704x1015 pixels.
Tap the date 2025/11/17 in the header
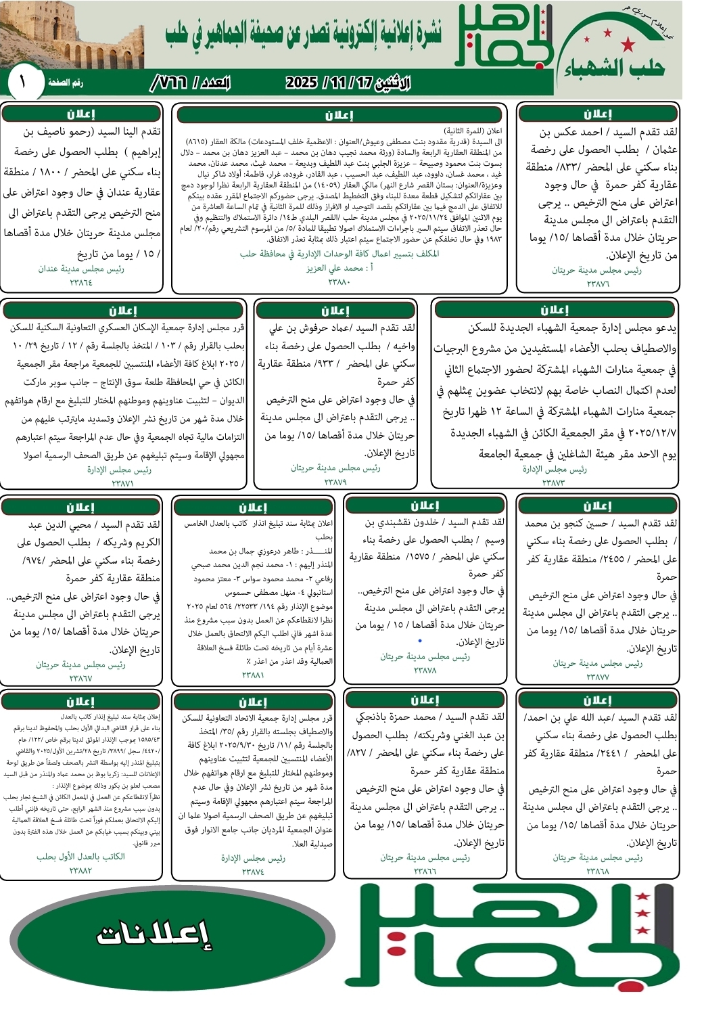(348, 83)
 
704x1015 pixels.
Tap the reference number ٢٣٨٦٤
(81, 282)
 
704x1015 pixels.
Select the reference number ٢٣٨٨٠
(339, 281)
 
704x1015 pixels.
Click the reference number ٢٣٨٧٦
(598, 284)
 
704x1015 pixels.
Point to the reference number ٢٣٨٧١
(122, 483)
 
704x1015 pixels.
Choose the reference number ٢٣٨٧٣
(553, 482)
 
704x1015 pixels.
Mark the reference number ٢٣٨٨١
(253, 675)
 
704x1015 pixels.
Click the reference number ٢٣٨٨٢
(80, 870)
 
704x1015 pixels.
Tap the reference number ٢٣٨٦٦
(425, 871)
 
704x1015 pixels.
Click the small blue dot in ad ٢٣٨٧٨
(420, 640)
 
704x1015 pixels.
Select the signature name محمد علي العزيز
(339, 268)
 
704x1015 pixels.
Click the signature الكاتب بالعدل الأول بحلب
(80, 857)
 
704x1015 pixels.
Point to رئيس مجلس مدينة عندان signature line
(81, 269)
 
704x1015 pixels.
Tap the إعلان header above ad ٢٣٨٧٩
(336, 311)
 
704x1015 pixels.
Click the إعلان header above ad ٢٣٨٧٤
(253, 702)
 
